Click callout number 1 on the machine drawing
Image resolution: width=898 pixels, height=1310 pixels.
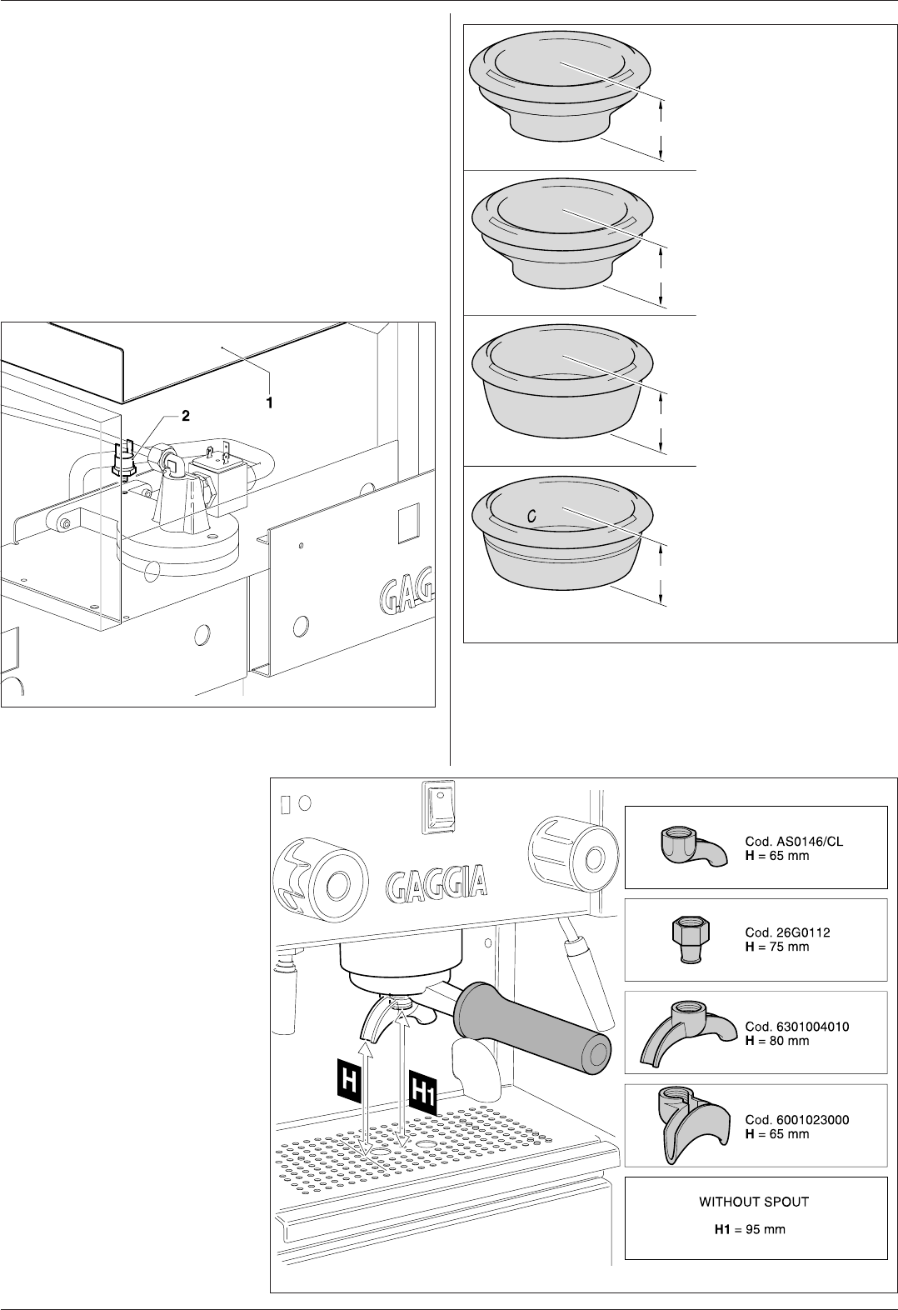[269, 402]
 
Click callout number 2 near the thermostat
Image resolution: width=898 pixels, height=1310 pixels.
[186, 417]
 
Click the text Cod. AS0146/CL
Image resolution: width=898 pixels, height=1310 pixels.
[794, 842]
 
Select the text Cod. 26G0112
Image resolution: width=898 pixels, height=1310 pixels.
[788, 933]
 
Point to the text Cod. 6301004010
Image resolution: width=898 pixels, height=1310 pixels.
[797, 1027]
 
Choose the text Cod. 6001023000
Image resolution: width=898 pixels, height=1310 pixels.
[797, 1120]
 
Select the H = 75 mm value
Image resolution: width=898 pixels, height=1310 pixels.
[777, 947]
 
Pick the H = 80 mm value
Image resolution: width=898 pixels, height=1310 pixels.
[777, 1041]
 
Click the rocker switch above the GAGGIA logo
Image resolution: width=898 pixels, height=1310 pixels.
[438, 805]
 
